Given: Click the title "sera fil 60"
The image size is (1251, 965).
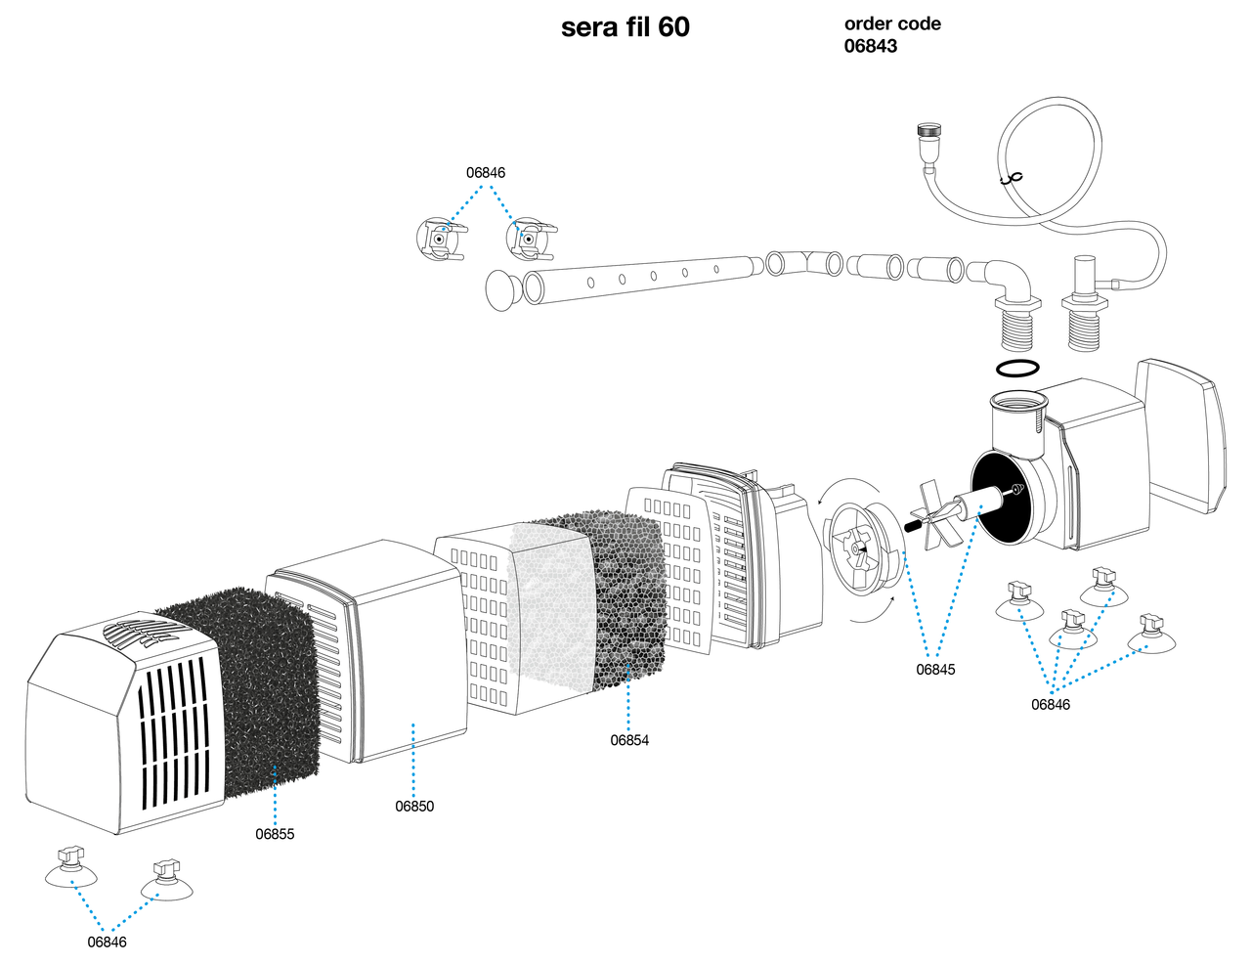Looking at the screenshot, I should (625, 27).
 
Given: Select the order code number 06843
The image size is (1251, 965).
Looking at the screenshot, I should (870, 46).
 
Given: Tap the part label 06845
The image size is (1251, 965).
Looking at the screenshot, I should (935, 670).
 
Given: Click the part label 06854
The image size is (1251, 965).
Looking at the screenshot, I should (629, 740).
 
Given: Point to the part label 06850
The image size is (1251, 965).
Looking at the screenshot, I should (414, 807).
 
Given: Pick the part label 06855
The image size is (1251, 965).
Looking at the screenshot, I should (275, 834).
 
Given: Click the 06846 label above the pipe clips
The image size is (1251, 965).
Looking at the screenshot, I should (486, 173).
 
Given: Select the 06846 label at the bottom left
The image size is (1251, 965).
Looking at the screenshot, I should (107, 943).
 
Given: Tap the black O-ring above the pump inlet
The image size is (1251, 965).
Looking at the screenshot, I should (1017, 369).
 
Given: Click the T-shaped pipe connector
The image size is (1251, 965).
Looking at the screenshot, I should (803, 262).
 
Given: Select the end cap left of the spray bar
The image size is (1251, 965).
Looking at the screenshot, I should (501, 289).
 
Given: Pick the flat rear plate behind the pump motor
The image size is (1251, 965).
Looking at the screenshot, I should (1178, 435).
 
